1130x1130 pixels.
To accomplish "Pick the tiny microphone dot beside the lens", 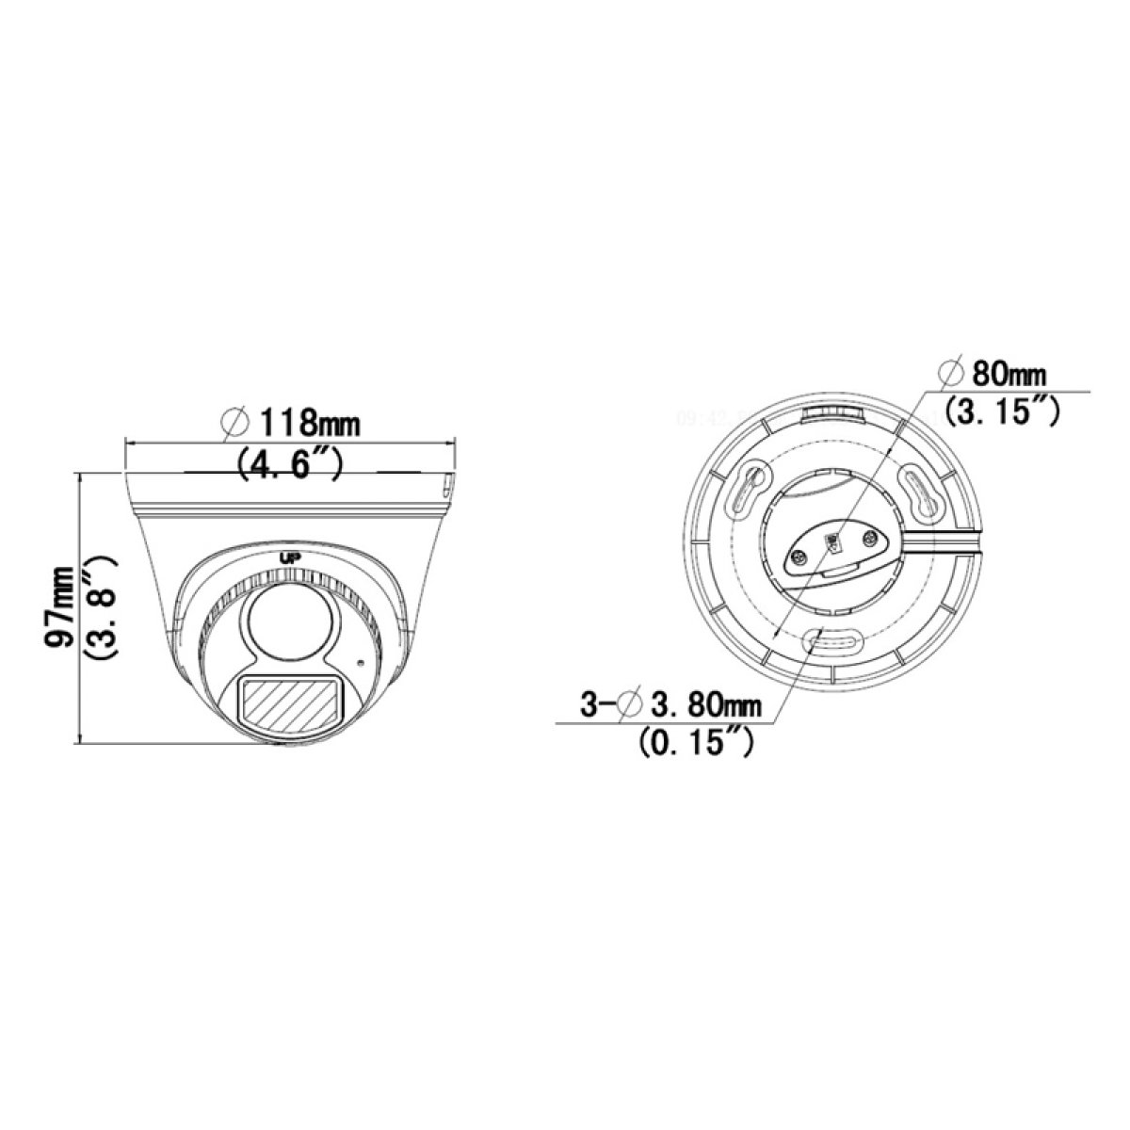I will (x=359, y=662).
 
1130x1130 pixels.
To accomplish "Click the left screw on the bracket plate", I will (x=799, y=559).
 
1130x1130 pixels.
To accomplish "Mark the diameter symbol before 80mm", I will (x=951, y=374).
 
